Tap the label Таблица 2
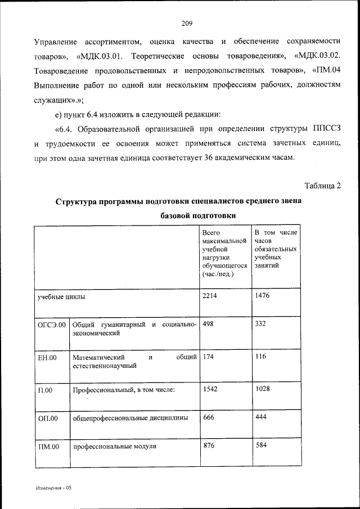[322, 185]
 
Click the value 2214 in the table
[210, 295]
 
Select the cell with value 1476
[263, 295]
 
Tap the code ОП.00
[47, 418]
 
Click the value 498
[208, 325]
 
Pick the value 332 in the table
[260, 325]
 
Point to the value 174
[208, 357]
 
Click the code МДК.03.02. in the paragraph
[317, 57]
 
